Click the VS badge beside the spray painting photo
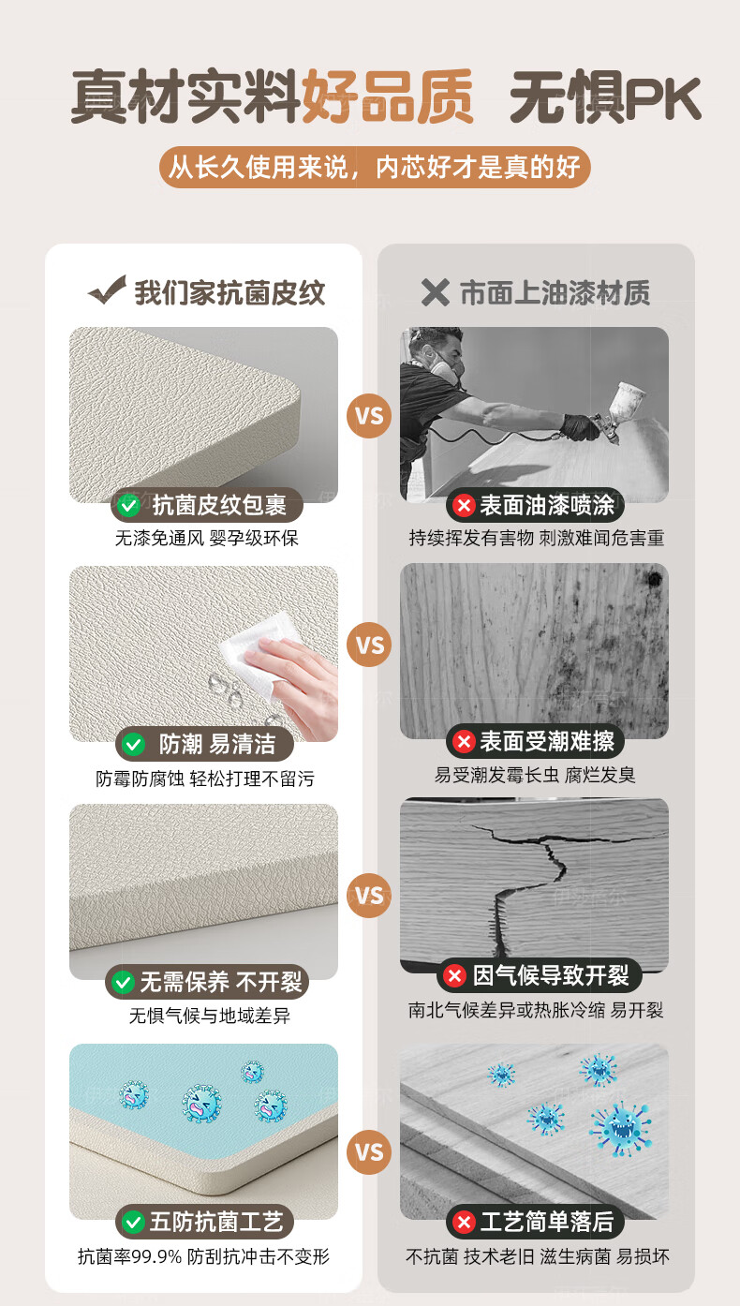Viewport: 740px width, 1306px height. coord(369,416)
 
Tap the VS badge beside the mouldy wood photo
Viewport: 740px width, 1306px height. coord(369,646)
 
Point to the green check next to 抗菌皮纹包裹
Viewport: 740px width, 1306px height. coord(128,505)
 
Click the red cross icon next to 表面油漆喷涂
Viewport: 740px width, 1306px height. coord(465,505)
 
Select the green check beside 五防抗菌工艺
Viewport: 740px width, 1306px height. coord(133,1222)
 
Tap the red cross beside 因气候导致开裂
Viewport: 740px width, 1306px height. coord(454,975)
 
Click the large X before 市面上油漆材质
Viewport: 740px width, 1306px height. coord(435,292)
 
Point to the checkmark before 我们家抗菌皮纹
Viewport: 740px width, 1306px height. coord(108,289)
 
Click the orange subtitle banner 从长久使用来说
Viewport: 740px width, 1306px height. coord(375,168)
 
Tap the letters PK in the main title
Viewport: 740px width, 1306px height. coord(663,99)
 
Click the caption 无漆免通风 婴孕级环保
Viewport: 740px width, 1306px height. coord(206,538)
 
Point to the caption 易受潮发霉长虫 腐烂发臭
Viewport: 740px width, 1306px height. coord(535,775)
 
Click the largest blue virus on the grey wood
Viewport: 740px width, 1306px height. coord(621,1128)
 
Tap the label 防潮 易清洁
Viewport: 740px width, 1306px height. coord(217,744)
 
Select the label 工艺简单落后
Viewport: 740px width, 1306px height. coord(546,1222)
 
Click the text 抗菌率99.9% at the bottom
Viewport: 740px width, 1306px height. coord(130,1255)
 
